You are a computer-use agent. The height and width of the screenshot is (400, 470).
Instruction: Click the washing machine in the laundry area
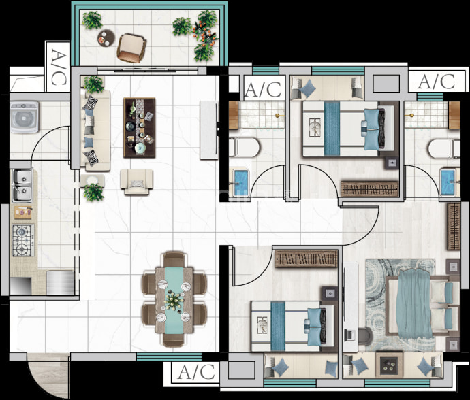tap(25, 118)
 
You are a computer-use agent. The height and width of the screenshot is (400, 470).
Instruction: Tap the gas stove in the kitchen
tap(22, 240)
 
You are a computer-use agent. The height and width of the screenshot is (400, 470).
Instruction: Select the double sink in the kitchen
tap(22, 185)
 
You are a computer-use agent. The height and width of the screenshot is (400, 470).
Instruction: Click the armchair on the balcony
tap(131, 48)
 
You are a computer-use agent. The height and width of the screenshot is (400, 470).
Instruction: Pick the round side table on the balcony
tap(106, 38)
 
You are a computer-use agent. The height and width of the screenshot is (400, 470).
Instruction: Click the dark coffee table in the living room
tap(140, 127)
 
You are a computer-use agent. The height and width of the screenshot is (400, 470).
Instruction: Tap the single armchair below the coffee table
tap(137, 182)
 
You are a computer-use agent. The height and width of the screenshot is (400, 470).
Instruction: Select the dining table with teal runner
tap(174, 300)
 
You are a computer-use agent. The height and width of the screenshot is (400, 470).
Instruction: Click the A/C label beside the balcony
tap(58, 67)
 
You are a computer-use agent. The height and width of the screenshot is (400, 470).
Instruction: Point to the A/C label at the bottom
tap(196, 372)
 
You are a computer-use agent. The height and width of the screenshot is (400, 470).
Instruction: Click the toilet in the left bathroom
tap(244, 147)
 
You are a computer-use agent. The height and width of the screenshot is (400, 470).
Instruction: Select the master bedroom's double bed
tap(422, 309)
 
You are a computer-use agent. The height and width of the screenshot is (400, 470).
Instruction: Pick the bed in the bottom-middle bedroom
tap(292, 326)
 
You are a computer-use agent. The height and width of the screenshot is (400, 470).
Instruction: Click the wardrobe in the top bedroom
tap(370, 188)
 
